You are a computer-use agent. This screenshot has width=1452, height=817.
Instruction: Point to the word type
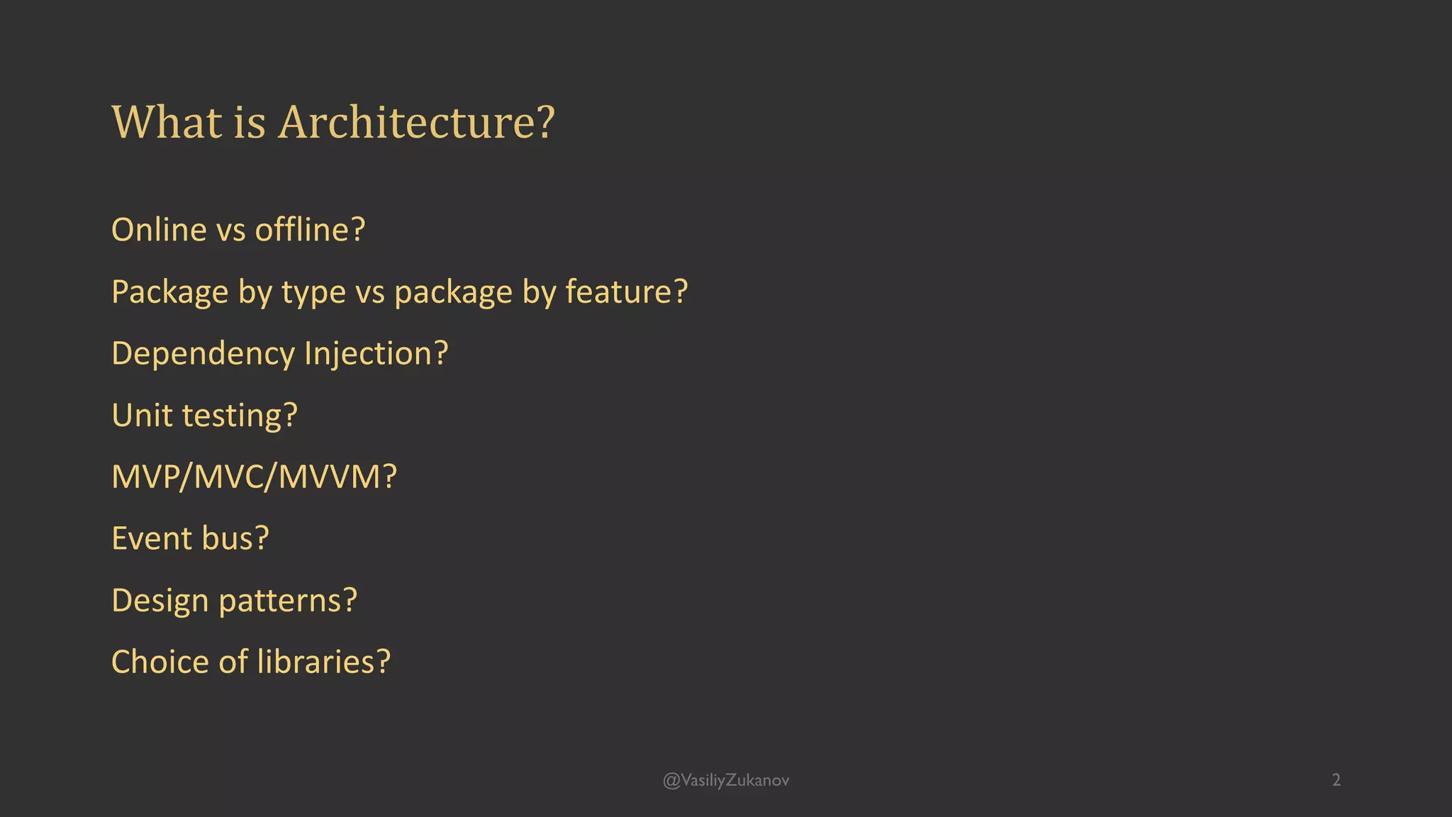(313, 292)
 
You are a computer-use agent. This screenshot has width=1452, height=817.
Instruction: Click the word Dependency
(203, 354)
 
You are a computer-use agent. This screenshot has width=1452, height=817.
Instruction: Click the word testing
(240, 416)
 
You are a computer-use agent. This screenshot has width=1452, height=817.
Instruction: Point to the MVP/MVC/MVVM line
(254, 477)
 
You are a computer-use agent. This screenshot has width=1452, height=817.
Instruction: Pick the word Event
(152, 538)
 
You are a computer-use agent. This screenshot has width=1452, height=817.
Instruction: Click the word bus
(235, 538)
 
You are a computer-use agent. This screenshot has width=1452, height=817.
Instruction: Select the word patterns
(288, 601)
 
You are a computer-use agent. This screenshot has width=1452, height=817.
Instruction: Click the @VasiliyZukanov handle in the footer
(725, 780)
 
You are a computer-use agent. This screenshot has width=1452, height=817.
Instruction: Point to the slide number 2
(1336, 780)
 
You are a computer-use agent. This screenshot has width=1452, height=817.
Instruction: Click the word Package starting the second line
(169, 292)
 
